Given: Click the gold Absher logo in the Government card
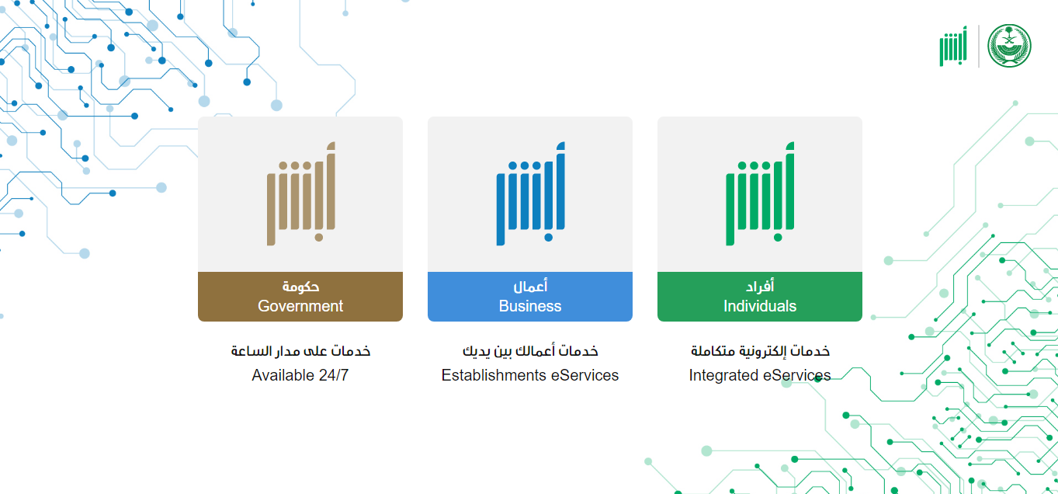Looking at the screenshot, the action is (x=301, y=193).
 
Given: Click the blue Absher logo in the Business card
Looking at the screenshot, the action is (x=530, y=193).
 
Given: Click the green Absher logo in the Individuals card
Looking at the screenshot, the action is (x=760, y=193).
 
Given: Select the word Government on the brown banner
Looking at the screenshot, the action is (x=300, y=306).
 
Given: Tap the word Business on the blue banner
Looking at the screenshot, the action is (x=530, y=306).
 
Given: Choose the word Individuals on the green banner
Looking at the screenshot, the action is (x=760, y=306).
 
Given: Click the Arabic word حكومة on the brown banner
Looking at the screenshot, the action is (x=301, y=287).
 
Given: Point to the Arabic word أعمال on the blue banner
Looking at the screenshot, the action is (x=530, y=286).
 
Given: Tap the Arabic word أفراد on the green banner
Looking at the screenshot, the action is (x=760, y=286).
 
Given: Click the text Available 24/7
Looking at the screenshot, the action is (x=300, y=375).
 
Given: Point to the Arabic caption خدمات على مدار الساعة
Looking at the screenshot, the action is (x=300, y=351).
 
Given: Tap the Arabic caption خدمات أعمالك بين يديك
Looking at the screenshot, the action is (x=530, y=351).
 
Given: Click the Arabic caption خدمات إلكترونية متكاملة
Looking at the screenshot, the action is (x=760, y=351).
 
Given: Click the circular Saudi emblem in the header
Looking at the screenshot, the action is (x=1009, y=46).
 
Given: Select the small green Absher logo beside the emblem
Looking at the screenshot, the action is (x=953, y=46).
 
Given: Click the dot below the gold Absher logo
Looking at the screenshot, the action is (x=319, y=238).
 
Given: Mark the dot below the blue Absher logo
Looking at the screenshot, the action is (x=548, y=238).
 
